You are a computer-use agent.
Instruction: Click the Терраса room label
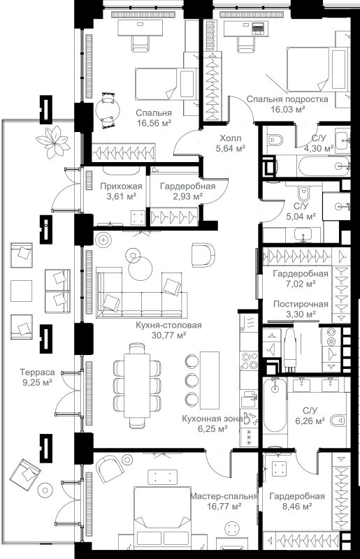38,372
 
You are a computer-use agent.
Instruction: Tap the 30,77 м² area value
168,335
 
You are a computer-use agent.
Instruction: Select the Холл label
231,138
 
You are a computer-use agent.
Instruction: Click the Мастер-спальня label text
224,497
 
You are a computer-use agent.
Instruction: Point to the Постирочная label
301,304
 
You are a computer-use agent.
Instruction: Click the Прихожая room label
121,186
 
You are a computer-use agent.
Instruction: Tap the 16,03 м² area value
287,109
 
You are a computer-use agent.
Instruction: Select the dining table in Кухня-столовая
137,385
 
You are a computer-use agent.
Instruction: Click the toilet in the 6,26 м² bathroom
338,421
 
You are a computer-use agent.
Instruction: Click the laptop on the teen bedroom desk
257,27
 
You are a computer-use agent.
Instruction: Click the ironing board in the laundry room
290,347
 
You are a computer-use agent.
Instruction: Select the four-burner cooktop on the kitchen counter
249,361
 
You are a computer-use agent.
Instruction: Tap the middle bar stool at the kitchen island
192,379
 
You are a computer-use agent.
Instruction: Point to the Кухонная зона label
213,419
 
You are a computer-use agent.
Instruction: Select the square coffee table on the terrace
22,291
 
